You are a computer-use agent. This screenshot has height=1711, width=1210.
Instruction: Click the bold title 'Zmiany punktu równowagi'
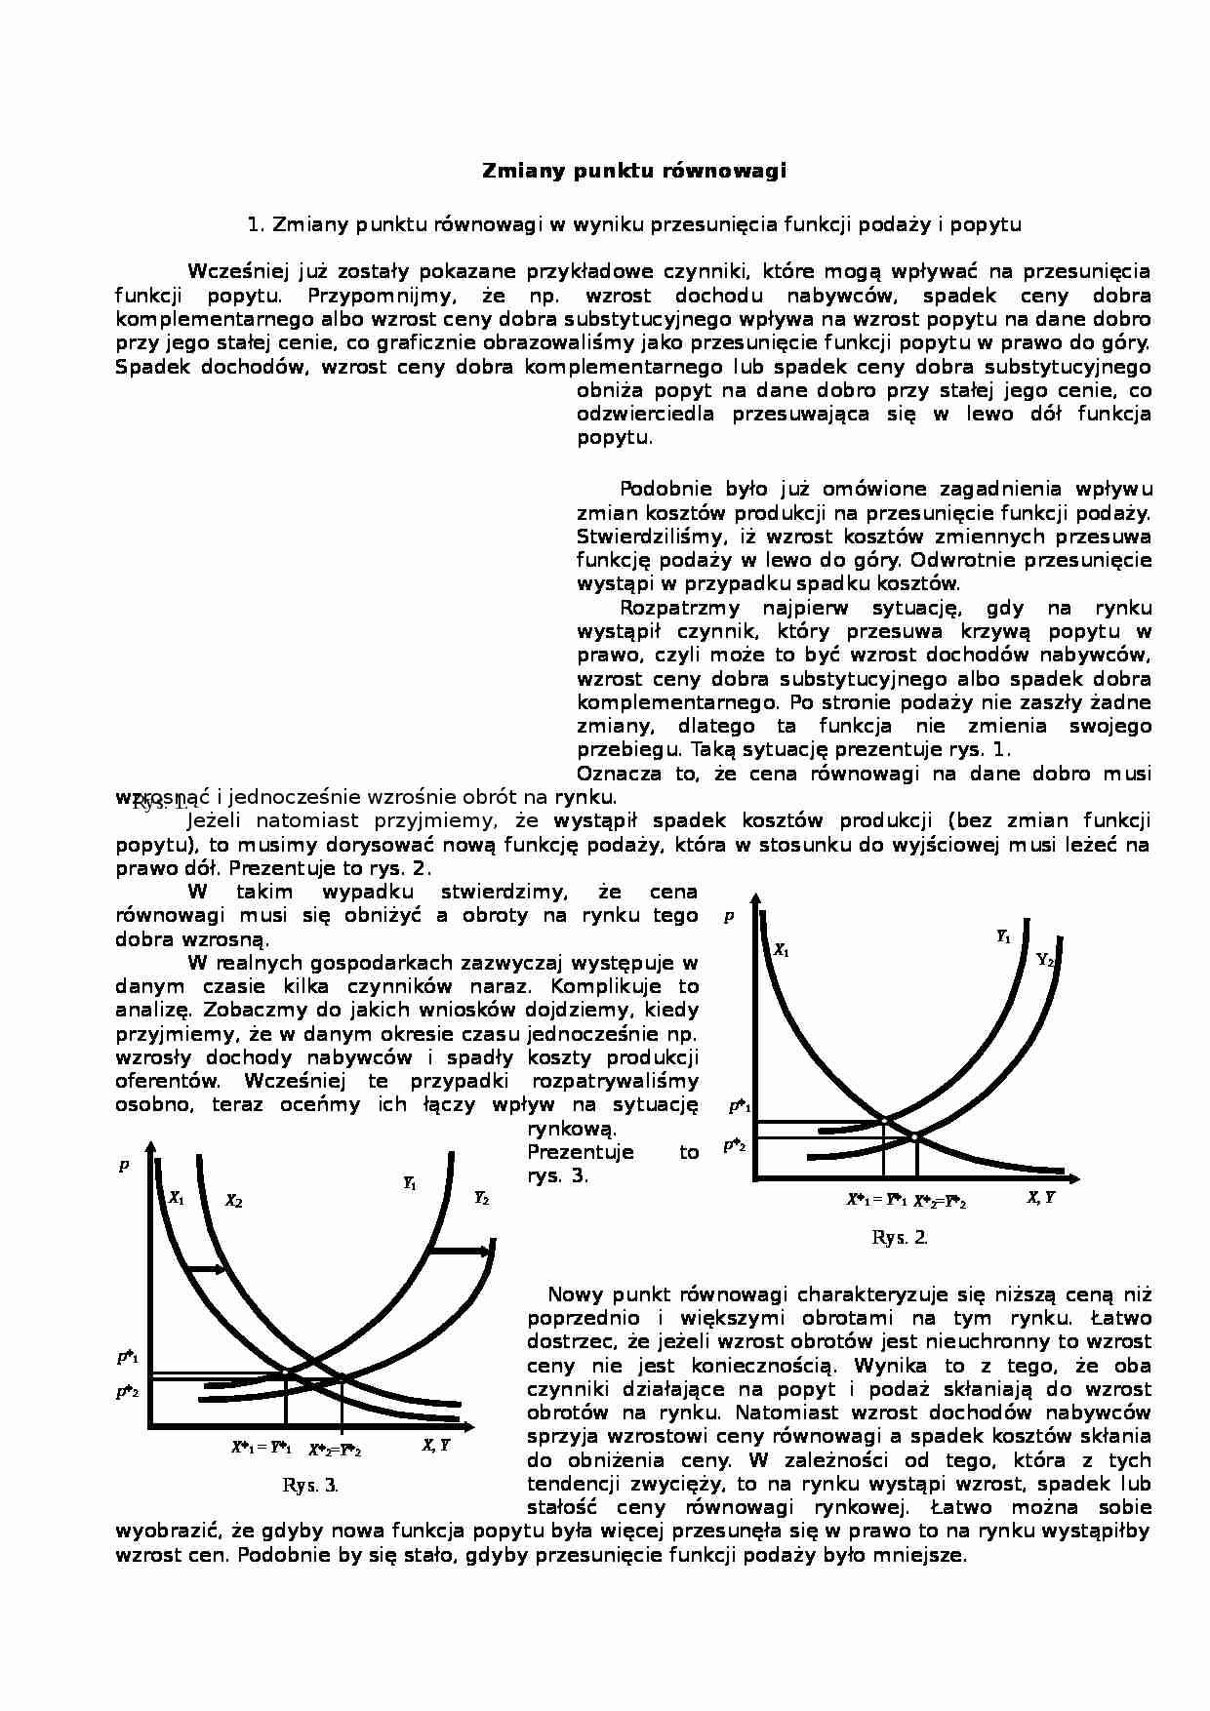(x=634, y=172)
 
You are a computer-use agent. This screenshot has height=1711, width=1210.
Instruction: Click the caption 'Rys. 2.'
(x=899, y=1238)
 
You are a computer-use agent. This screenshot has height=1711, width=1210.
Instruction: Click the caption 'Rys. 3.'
(x=309, y=1486)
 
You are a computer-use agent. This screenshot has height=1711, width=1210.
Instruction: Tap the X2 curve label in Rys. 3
(x=233, y=1202)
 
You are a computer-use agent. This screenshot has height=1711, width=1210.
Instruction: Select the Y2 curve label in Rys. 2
(x=1044, y=960)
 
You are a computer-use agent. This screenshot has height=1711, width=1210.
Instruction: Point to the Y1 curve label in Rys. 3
(x=410, y=1183)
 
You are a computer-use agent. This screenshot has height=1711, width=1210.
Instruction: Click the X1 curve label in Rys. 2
(x=782, y=949)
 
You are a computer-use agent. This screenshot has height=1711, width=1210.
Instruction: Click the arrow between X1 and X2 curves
(x=206, y=1268)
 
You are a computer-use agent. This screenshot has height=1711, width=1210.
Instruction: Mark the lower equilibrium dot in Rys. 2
(x=915, y=1136)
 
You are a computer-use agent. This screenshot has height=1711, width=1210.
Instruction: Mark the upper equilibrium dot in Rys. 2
(x=883, y=1120)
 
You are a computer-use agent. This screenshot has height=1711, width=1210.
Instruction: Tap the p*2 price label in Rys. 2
(x=735, y=1145)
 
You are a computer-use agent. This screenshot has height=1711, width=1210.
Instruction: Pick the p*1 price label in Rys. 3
(x=128, y=1357)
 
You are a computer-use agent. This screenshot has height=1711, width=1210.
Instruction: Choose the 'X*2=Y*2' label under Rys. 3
(x=335, y=1451)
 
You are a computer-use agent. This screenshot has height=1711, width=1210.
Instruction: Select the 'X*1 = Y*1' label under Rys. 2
(x=876, y=1201)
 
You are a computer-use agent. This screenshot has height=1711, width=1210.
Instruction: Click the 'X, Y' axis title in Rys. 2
(x=1041, y=1198)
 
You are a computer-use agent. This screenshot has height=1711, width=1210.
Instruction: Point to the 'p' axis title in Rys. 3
(x=124, y=1165)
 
